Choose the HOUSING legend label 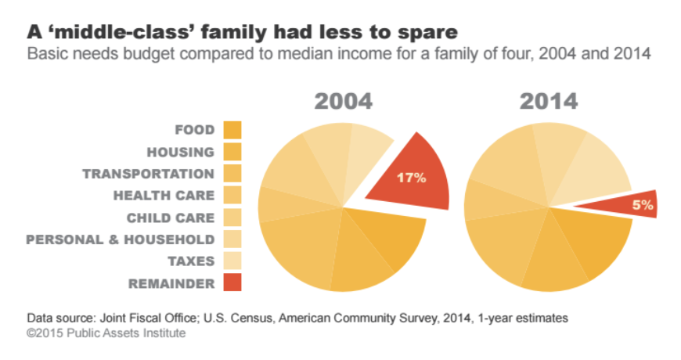tap(180, 152)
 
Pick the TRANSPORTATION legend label tap(148, 174)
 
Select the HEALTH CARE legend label tap(164, 195)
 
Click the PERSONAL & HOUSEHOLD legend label tap(120, 239)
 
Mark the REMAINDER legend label tap(172, 283)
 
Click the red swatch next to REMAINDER tap(232, 283)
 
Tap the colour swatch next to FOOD tap(232, 130)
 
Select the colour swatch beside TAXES tap(232, 261)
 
